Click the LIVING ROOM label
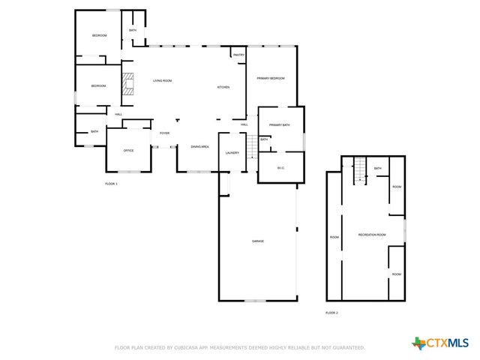163,80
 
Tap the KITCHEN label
223,88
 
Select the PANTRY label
238,55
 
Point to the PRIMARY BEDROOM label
271,78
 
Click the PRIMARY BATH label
279,124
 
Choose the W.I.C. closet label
280,167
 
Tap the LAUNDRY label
232,153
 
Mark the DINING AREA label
199,146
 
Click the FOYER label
164,133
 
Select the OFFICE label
128,151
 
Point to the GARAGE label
257,241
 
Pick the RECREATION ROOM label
372,235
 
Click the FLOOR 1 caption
111,183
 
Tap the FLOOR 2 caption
331,312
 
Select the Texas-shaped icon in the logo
418,343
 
